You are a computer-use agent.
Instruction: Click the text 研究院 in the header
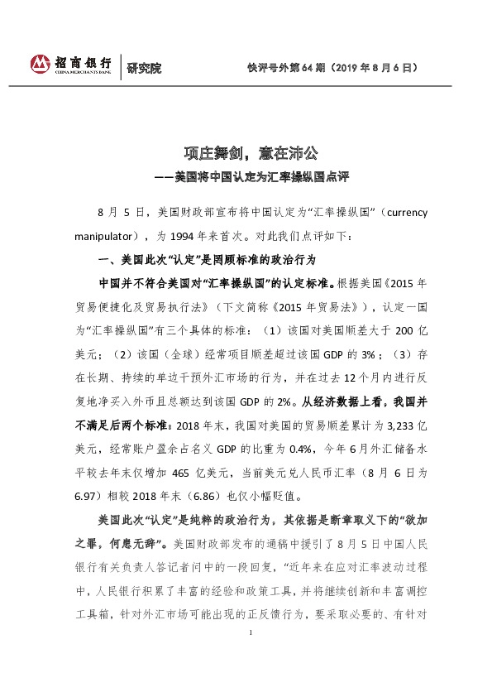coord(145,67)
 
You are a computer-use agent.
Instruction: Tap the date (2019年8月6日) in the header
coord(379,66)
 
